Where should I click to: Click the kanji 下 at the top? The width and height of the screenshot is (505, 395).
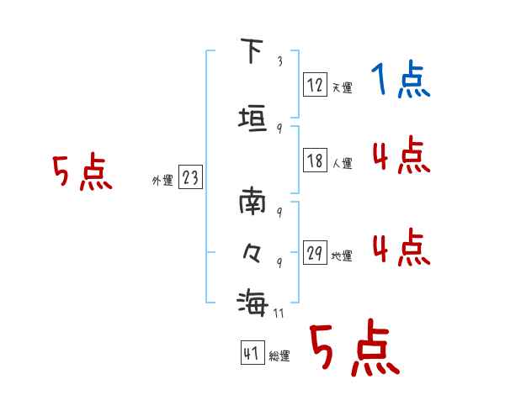(x=250, y=51)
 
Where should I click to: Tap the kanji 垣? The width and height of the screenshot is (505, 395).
(x=252, y=118)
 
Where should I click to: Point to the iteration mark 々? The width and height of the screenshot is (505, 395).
(x=251, y=251)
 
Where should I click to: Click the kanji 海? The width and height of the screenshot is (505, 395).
(x=252, y=300)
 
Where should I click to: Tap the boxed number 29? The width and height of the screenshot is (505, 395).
(x=315, y=253)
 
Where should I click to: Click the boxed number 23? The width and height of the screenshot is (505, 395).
(x=190, y=177)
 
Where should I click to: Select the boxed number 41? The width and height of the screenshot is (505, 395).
(x=252, y=354)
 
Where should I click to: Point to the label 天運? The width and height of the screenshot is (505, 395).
(x=342, y=87)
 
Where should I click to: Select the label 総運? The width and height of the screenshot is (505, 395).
(x=279, y=356)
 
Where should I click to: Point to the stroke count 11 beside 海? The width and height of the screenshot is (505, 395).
(x=278, y=313)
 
